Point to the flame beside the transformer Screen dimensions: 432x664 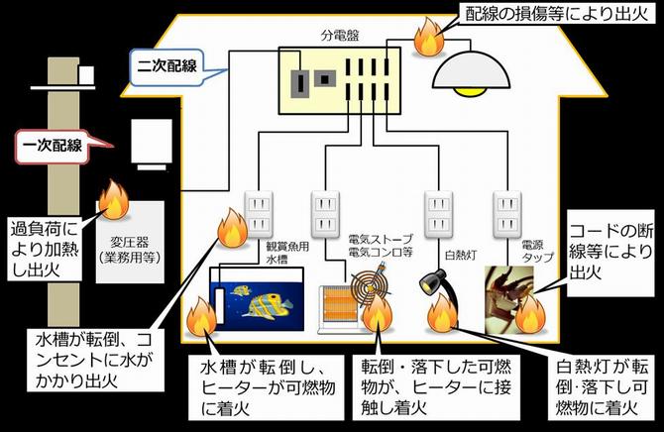coord(111,201)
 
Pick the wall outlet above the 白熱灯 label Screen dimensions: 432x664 coord(437,209)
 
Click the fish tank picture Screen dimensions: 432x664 coord(253,299)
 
